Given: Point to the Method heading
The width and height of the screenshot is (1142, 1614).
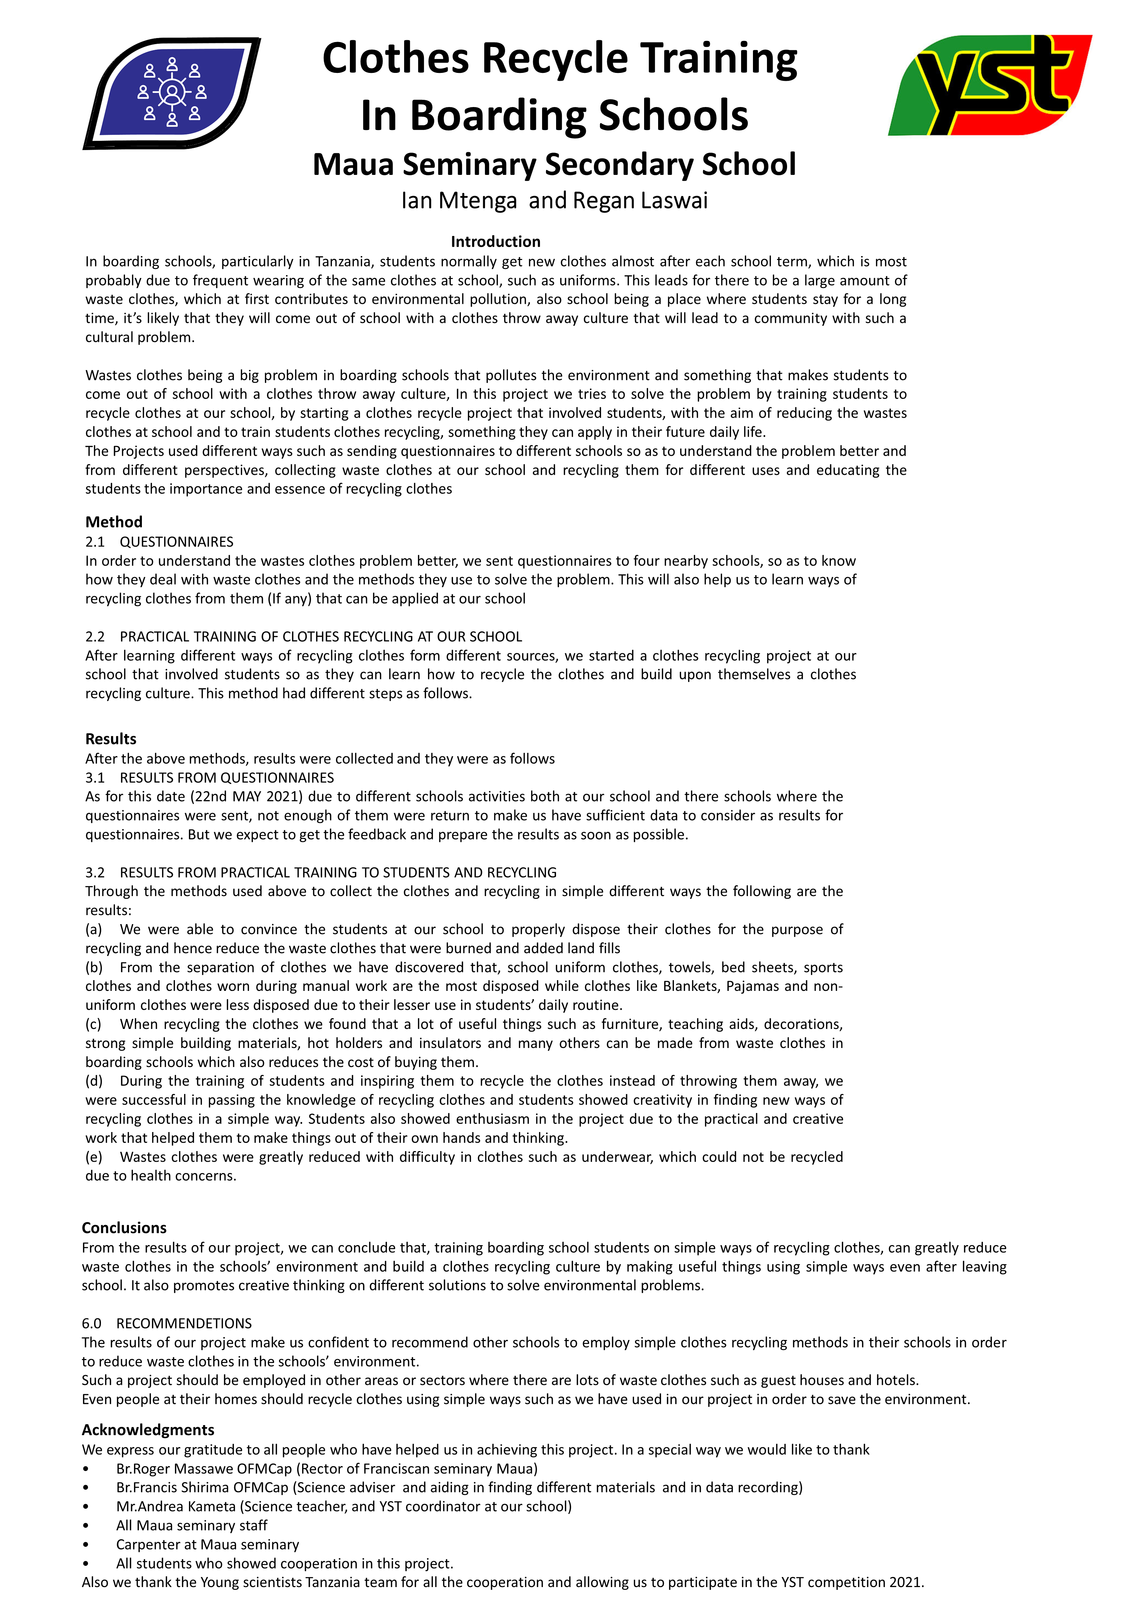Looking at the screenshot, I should tap(114, 521).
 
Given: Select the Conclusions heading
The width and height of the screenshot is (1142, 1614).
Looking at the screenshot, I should tap(124, 1227).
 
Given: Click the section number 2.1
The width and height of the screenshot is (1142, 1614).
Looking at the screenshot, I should tap(95, 542).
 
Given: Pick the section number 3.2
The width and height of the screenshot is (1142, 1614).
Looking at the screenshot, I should tap(95, 872).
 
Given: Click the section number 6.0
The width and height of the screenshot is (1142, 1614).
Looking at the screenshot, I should tap(91, 1323).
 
